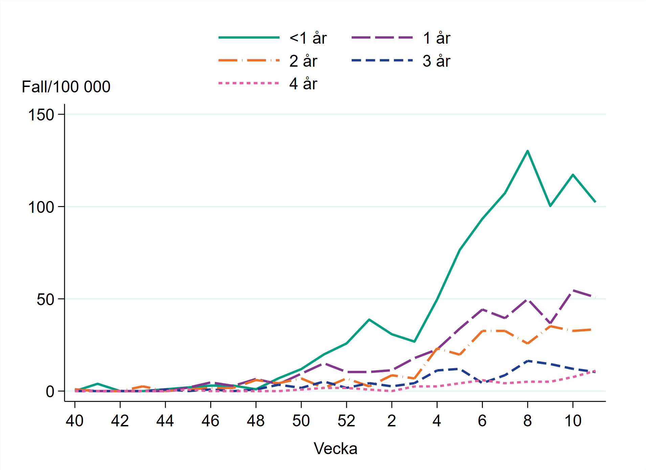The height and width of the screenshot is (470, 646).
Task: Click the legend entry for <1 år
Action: pos(308,38)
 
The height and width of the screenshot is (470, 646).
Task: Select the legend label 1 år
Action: pos(436,38)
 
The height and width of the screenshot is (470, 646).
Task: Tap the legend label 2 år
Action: pos(303,61)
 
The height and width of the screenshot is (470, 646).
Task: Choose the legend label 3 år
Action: pos(436,61)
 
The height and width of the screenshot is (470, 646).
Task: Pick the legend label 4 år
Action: pos(303,84)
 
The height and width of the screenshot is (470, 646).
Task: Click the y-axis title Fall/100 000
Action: pos(66,87)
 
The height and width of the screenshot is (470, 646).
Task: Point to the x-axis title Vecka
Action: pos(335,449)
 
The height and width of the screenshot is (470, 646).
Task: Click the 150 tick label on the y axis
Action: pos(41,115)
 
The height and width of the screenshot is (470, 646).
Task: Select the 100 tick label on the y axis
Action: pos(41,207)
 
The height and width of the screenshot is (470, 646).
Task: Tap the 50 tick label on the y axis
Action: pos(45,299)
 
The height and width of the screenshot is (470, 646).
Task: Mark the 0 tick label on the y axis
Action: pos(50,391)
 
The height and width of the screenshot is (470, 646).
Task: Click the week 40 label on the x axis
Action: pos(74,421)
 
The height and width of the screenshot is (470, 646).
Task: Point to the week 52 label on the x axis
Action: pos(346,421)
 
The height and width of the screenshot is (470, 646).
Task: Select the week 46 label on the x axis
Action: pos(210,421)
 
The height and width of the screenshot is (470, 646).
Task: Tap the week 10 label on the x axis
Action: pos(573,421)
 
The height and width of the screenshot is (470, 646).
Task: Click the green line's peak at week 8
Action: pos(527,151)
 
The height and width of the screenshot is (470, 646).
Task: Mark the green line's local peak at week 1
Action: pos(369,319)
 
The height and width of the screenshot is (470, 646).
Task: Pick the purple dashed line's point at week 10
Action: pos(573,290)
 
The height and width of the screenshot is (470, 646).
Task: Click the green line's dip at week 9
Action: pos(550,206)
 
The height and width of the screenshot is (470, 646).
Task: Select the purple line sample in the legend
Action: pos(382,38)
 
